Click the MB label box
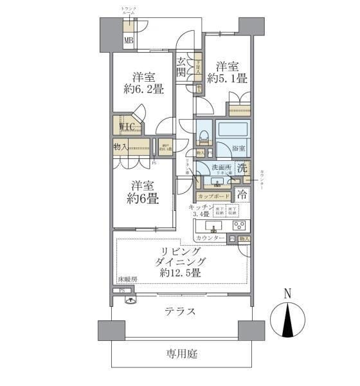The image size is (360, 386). pos(129,42)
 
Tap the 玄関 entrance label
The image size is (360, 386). pos(183,66)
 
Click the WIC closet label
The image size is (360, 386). pos(125,126)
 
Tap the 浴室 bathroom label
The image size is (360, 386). pos(239,149)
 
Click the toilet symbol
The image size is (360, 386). pos(203,136)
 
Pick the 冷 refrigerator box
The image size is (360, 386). pos(242,193)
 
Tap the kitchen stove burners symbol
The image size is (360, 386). pos(239,225)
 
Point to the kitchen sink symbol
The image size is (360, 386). pos(213,226)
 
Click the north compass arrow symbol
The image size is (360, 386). pos(287,318)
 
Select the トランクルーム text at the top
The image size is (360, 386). pos(129,10)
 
